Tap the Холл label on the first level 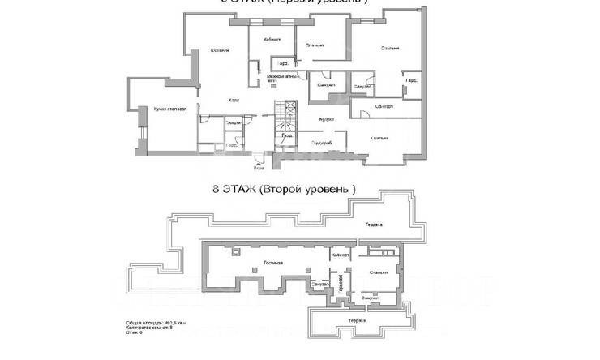(x=234, y=101)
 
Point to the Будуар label (x=315, y=118)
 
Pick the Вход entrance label (x=259, y=168)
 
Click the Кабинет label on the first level (x=272, y=39)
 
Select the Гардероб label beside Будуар (x=322, y=142)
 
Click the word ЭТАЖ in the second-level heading (x=242, y=189)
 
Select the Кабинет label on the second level (x=340, y=254)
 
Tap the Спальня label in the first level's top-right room (x=390, y=49)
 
